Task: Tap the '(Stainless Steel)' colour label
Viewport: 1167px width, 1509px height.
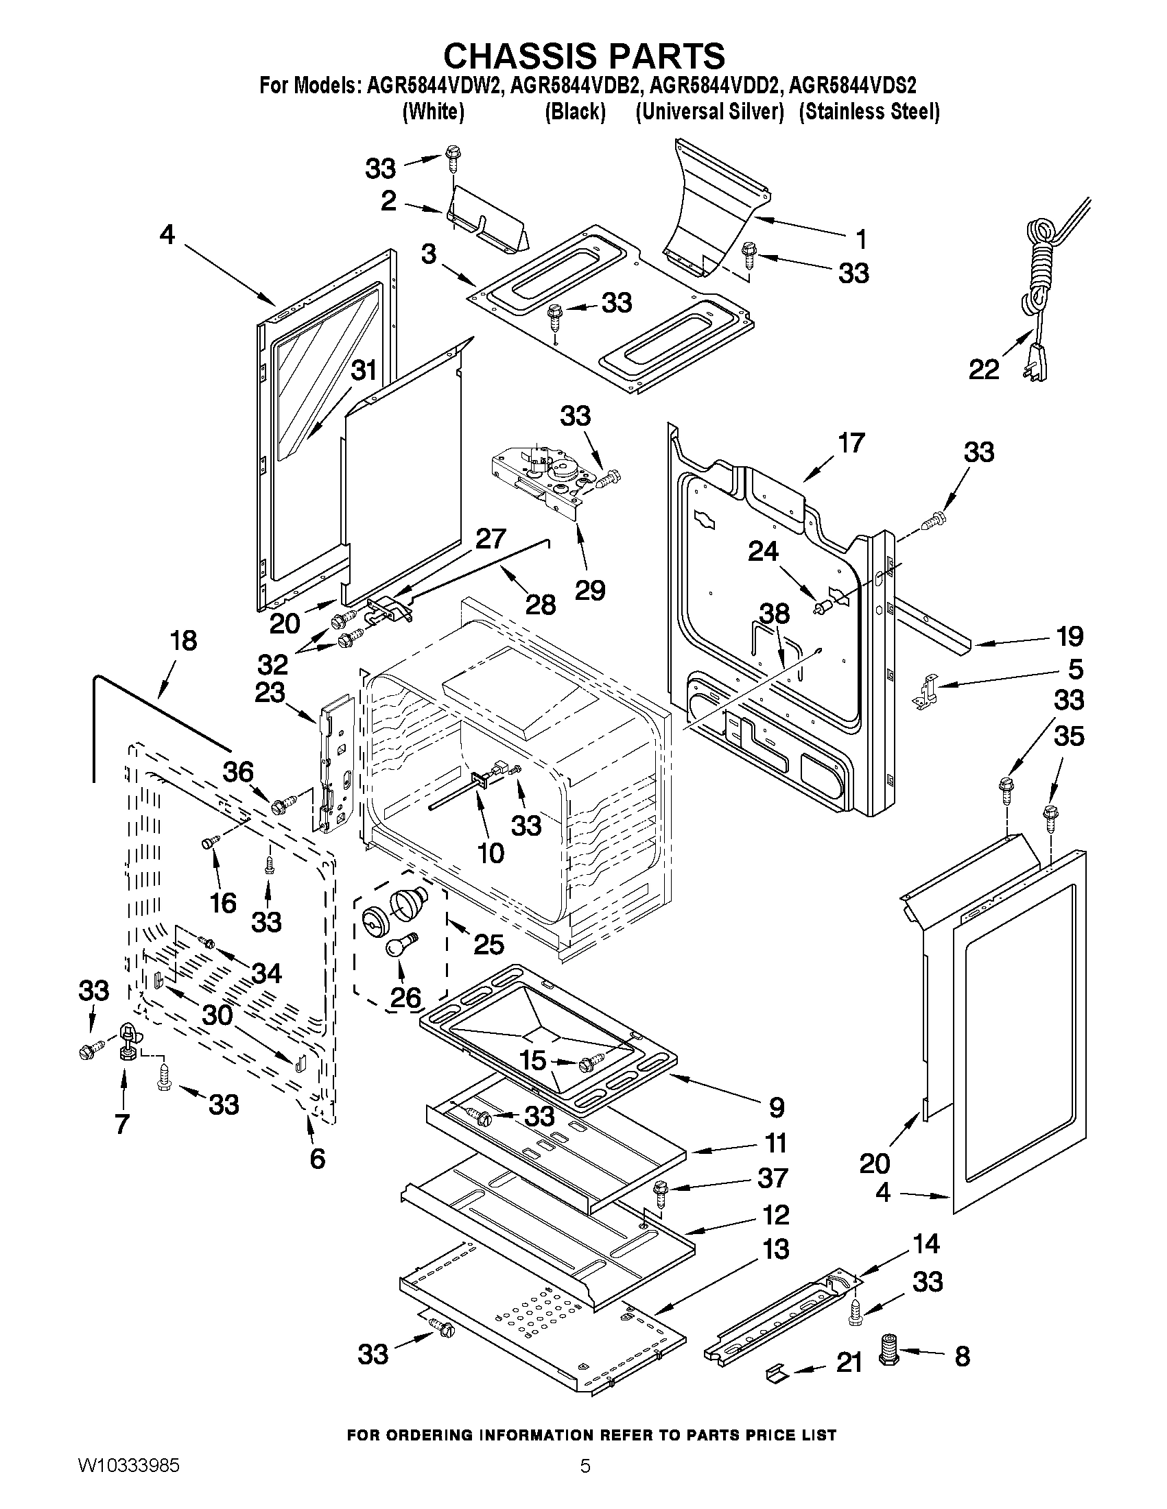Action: tap(869, 112)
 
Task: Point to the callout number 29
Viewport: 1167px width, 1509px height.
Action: tap(591, 590)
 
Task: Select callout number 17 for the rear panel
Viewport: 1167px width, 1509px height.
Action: tap(850, 442)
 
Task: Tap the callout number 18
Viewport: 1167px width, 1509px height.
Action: tap(183, 640)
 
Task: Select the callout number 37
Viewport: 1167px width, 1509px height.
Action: tap(773, 1178)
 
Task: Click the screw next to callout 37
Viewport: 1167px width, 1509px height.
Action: tap(660, 1192)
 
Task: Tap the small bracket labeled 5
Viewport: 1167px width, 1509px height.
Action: tap(926, 691)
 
